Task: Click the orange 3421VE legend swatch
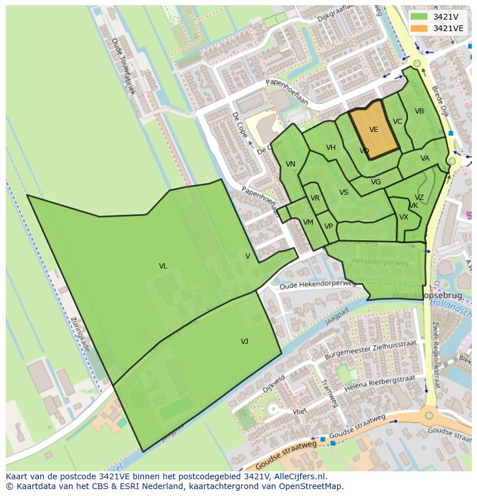[x=419, y=28]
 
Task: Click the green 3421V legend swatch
[x=419, y=16]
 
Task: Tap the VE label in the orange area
[x=373, y=130]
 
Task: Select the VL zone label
[x=163, y=266]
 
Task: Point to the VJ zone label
[x=244, y=342]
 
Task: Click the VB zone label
[x=419, y=111]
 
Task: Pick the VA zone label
[x=425, y=158]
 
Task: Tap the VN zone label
[x=290, y=164]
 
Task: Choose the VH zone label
[x=331, y=147]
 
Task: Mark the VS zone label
[x=344, y=192]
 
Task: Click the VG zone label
[x=376, y=182]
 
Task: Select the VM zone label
[x=308, y=222]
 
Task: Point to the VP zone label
[x=328, y=226]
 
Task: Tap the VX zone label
[x=403, y=217]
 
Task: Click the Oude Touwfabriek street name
[x=123, y=66]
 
